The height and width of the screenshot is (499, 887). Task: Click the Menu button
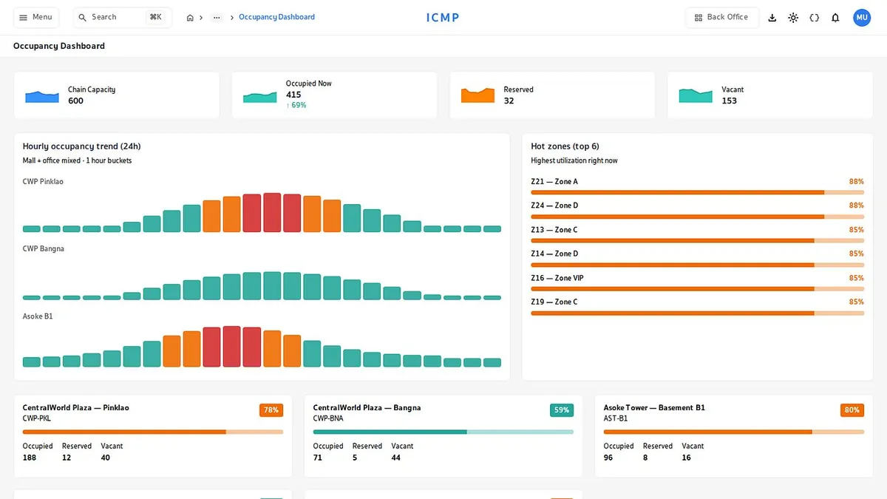point(36,18)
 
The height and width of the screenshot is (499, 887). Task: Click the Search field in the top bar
point(123,18)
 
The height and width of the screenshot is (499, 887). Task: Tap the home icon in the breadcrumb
point(190,18)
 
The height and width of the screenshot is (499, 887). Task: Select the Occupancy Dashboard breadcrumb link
point(276,17)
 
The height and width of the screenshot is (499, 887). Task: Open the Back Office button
point(722,18)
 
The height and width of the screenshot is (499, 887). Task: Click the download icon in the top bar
point(772,18)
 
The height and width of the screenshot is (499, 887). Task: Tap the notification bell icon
point(835,18)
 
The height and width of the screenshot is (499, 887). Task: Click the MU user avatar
point(862,18)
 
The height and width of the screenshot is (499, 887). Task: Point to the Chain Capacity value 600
point(75,101)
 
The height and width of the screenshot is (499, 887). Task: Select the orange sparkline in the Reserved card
point(478,95)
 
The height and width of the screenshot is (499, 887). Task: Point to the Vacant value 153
point(729,101)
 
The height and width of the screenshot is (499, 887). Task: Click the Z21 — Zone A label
point(554,181)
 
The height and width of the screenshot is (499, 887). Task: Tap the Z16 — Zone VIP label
point(557,278)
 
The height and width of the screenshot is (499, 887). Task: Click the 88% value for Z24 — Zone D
point(856,206)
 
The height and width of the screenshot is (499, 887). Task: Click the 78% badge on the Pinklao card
point(271,410)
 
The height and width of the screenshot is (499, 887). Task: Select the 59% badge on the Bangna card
point(562,410)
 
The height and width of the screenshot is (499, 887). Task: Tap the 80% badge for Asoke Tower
point(852,410)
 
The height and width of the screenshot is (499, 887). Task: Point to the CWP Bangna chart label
point(43,248)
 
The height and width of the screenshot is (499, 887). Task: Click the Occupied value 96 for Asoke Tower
point(608,458)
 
